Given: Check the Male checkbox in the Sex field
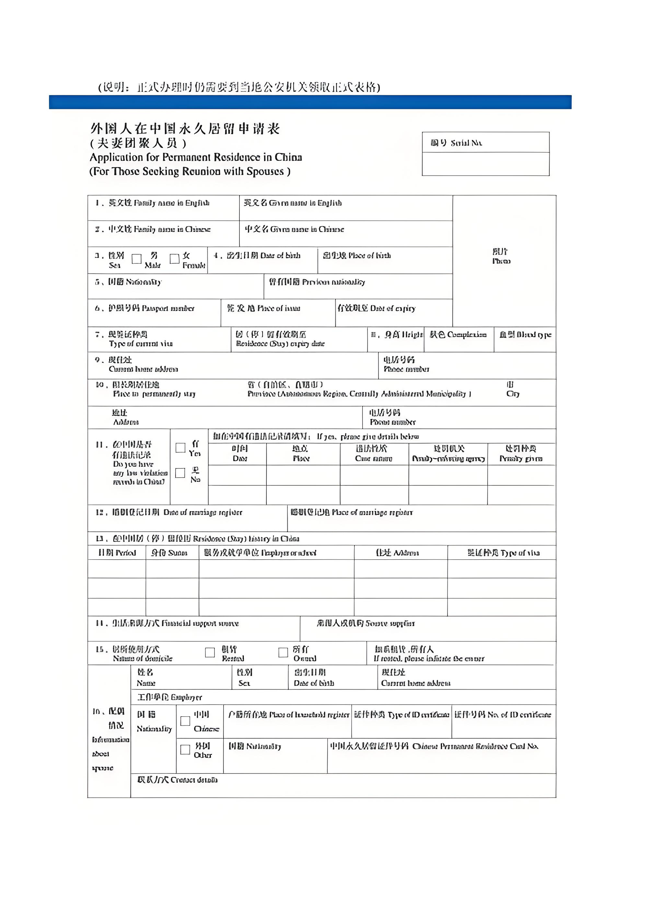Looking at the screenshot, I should click(x=136, y=259).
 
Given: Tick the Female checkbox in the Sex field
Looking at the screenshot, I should click(x=174, y=259).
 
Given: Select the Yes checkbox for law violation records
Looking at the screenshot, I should click(x=180, y=448).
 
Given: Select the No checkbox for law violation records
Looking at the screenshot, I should click(x=180, y=473).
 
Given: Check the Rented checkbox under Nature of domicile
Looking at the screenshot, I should click(x=210, y=652).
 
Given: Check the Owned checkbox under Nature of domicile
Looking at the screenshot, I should click(x=283, y=652).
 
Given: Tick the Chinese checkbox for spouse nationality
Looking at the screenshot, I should click(x=185, y=721).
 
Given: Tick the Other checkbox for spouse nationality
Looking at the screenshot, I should click(x=185, y=750).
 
